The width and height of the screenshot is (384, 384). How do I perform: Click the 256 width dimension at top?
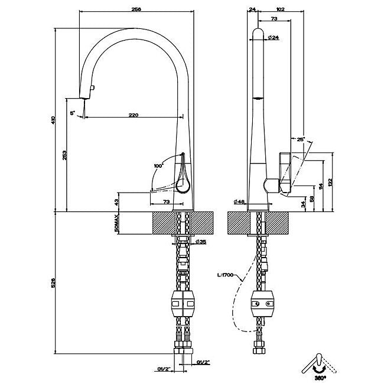137,10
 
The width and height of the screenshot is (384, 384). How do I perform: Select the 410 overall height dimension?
54,121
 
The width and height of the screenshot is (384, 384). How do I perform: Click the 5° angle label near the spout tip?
73,112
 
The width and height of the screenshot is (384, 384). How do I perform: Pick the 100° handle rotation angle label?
158,166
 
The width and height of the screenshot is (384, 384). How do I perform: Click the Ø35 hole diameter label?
201,242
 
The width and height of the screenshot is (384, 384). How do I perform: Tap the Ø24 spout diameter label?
274,38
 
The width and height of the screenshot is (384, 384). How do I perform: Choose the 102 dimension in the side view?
280,10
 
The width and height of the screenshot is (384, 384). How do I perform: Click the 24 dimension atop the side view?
252,10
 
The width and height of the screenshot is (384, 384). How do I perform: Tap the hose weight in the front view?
183,303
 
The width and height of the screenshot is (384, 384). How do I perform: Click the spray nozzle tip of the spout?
83,96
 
